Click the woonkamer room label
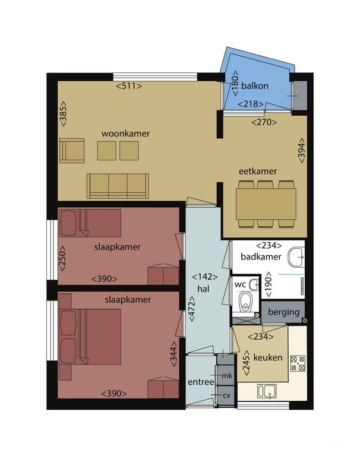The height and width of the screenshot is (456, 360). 125,134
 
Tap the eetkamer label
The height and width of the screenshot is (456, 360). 258,171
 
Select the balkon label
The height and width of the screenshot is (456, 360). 255,85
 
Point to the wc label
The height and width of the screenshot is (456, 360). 240,284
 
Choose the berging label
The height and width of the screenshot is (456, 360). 283,312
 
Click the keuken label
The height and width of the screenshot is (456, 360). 267,358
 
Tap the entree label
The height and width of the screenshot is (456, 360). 200,382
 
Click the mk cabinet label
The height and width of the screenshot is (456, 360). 226,375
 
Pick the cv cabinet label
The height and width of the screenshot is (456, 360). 226,395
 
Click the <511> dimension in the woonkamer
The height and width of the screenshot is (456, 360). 129,85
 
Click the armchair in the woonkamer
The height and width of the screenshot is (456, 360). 72,150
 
